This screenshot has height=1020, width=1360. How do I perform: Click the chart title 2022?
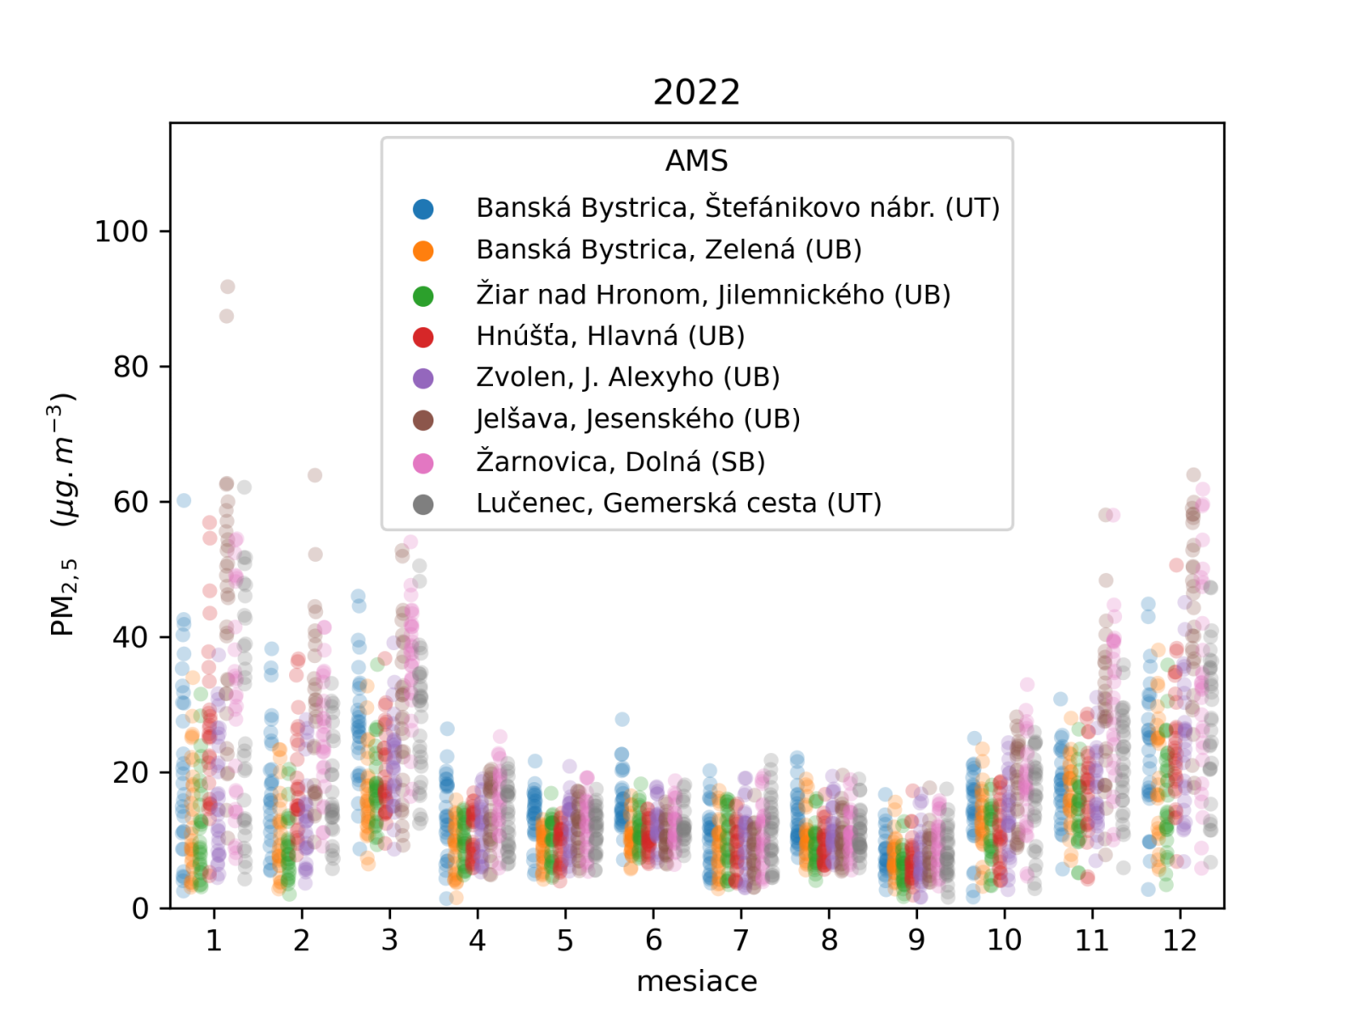[x=696, y=92]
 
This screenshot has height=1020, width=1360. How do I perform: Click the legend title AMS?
[x=696, y=161]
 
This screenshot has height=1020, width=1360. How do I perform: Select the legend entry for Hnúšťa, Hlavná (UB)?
[x=609, y=337]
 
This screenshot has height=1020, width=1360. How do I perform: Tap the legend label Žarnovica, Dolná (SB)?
[x=620, y=462]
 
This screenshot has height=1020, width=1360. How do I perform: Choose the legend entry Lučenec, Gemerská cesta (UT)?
[x=678, y=503]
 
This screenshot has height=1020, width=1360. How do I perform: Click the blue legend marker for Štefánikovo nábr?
[x=423, y=208]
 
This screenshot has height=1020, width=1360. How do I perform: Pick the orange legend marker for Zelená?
[x=423, y=251]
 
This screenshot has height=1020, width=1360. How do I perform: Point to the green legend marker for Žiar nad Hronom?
[x=423, y=295]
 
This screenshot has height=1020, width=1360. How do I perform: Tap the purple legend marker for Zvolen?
[x=423, y=378]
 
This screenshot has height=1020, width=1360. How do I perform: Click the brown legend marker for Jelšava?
[x=423, y=420]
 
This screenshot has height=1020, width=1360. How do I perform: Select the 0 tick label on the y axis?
[x=140, y=909]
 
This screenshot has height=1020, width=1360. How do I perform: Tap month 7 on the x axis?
[x=741, y=940]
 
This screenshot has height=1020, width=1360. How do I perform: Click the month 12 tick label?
[x=1180, y=940]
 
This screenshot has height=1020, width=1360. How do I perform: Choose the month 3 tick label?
[x=389, y=940]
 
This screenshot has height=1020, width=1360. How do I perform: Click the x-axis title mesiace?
[x=696, y=982]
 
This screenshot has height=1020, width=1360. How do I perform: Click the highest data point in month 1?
[x=227, y=287]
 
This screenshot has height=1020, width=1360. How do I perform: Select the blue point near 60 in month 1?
[x=184, y=501]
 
